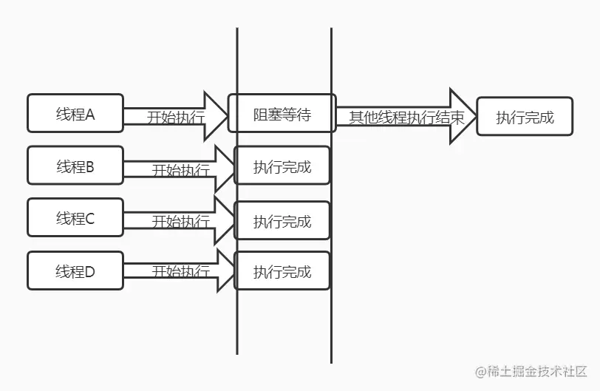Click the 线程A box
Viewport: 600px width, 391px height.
click(75, 115)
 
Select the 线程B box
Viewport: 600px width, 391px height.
click(75, 166)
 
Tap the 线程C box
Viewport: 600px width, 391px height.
click(75, 219)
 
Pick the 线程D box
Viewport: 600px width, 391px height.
click(75, 271)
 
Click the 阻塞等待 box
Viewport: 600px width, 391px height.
click(282, 115)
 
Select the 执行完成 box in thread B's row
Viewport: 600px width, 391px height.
click(282, 166)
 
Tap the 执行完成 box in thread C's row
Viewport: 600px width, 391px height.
click(282, 220)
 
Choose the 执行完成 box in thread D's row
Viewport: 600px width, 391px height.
click(282, 271)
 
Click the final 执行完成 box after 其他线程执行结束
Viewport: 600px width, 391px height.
click(524, 117)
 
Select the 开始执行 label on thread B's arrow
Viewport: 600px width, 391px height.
click(180, 170)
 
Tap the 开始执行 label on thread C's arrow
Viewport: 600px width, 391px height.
click(180, 222)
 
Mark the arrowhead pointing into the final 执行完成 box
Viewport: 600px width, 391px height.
click(463, 116)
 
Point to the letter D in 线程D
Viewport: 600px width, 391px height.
click(90, 271)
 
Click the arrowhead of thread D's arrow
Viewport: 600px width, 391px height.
click(222, 271)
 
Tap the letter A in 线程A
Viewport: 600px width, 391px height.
click(91, 115)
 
